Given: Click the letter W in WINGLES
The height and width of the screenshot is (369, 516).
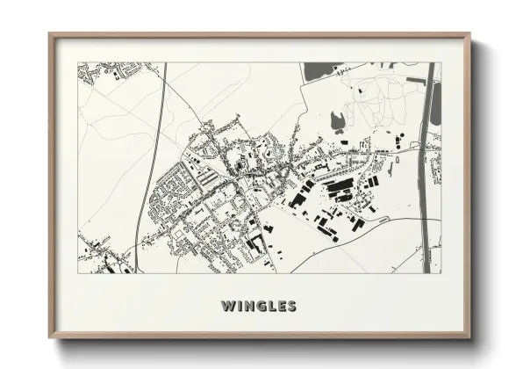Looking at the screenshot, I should coord(227,307).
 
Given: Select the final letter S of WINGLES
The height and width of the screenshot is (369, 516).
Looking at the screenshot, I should coord(291,307).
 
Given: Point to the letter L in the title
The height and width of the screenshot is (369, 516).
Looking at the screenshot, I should coord(269,307).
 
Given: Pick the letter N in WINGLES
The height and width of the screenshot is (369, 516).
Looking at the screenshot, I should coord(246,307).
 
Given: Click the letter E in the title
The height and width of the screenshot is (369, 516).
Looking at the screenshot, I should coord(280,307).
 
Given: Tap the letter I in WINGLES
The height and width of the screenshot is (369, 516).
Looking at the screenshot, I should coord(237,307).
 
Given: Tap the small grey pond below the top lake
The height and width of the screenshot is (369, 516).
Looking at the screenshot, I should coord(337,121).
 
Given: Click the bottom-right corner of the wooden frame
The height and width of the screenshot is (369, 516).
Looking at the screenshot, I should coord(469,336).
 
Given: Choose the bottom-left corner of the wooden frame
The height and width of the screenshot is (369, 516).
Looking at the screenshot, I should coord(50,336).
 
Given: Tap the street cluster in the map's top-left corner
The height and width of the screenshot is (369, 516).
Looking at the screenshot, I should coord(101,72).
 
